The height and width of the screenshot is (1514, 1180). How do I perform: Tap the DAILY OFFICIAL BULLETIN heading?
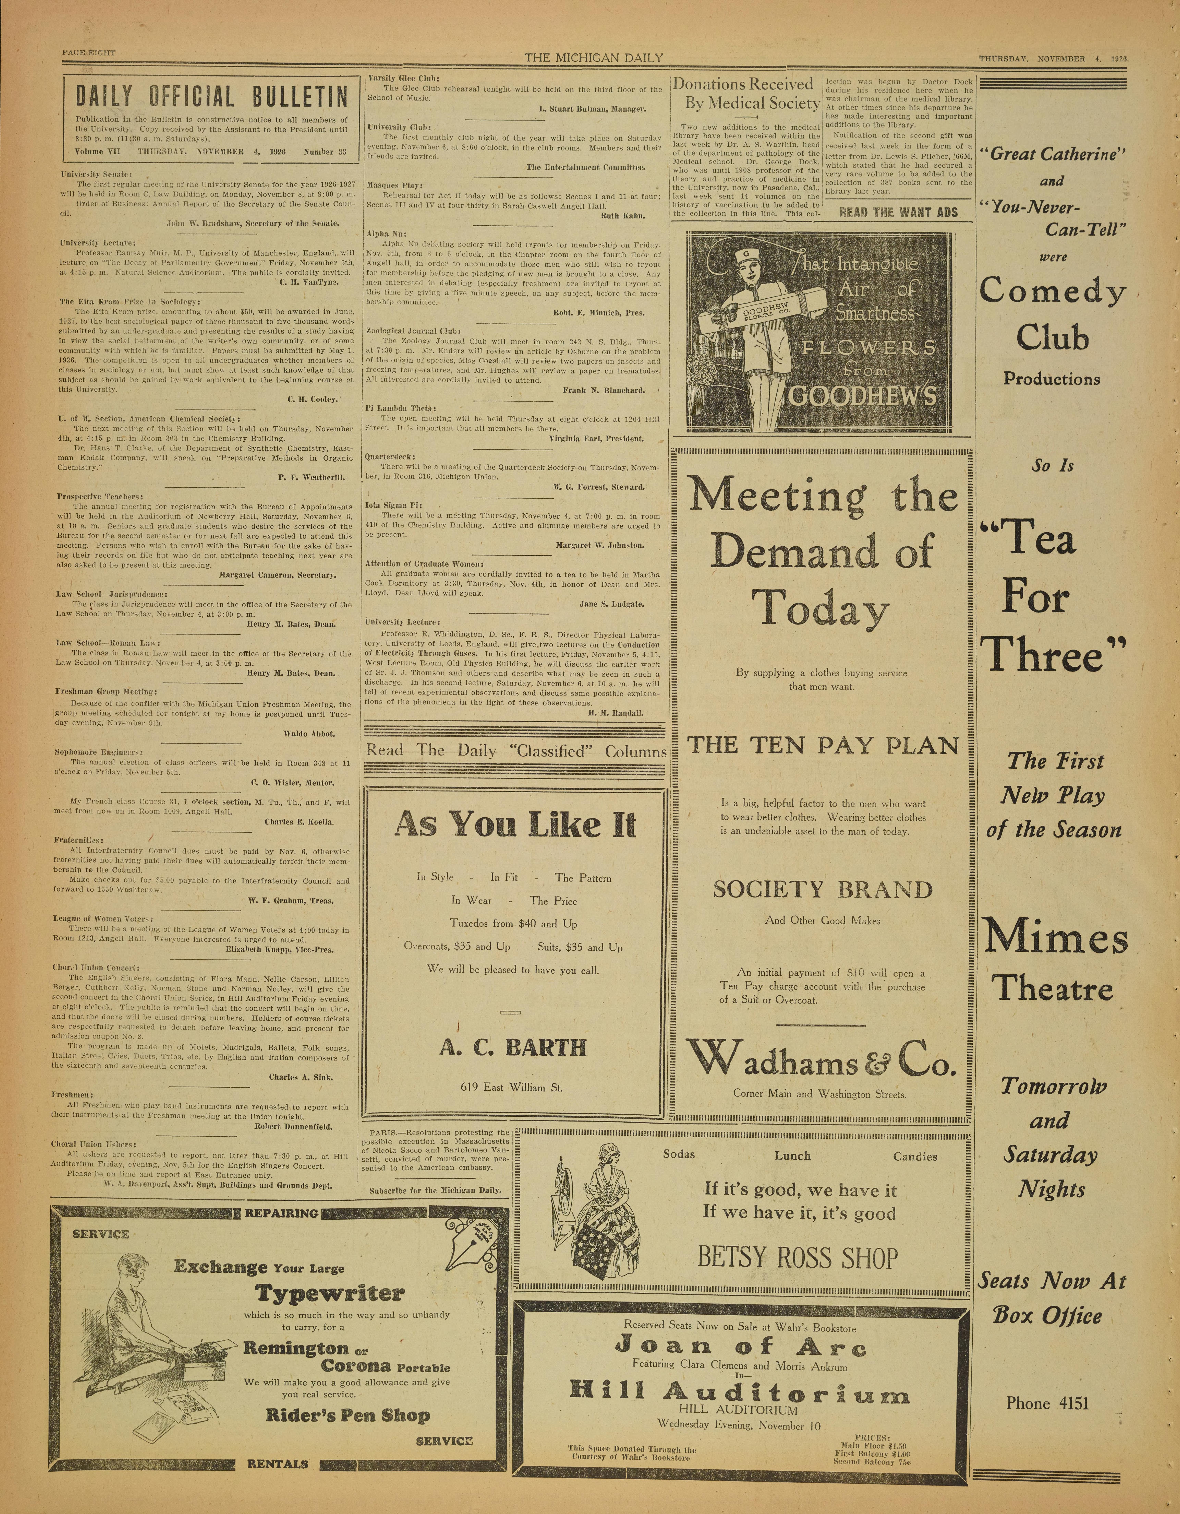[x=211, y=96]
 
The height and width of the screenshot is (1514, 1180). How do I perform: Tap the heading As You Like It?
[x=515, y=825]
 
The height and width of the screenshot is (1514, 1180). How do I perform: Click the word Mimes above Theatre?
[x=1055, y=939]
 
